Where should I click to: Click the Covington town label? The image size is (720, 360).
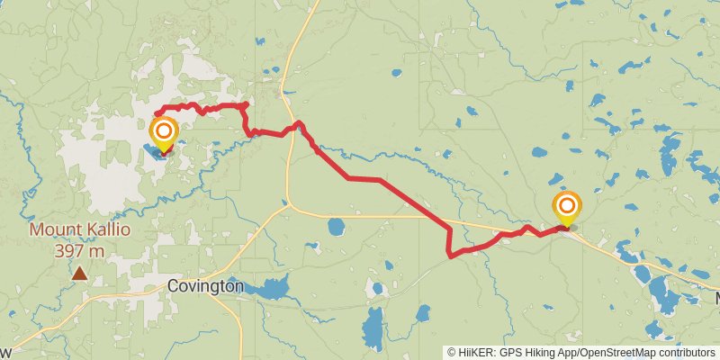(205, 286)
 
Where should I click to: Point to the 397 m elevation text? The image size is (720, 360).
(80, 251)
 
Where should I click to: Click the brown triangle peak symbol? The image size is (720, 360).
(80, 274)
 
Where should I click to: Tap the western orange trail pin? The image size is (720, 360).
(164, 135)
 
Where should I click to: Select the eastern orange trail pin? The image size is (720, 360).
(567, 208)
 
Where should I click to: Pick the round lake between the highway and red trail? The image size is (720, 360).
(336, 226)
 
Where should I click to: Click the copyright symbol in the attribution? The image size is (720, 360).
(452, 352)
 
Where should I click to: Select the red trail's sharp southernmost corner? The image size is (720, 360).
(449, 256)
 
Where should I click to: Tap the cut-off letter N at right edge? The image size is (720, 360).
(717, 298)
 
